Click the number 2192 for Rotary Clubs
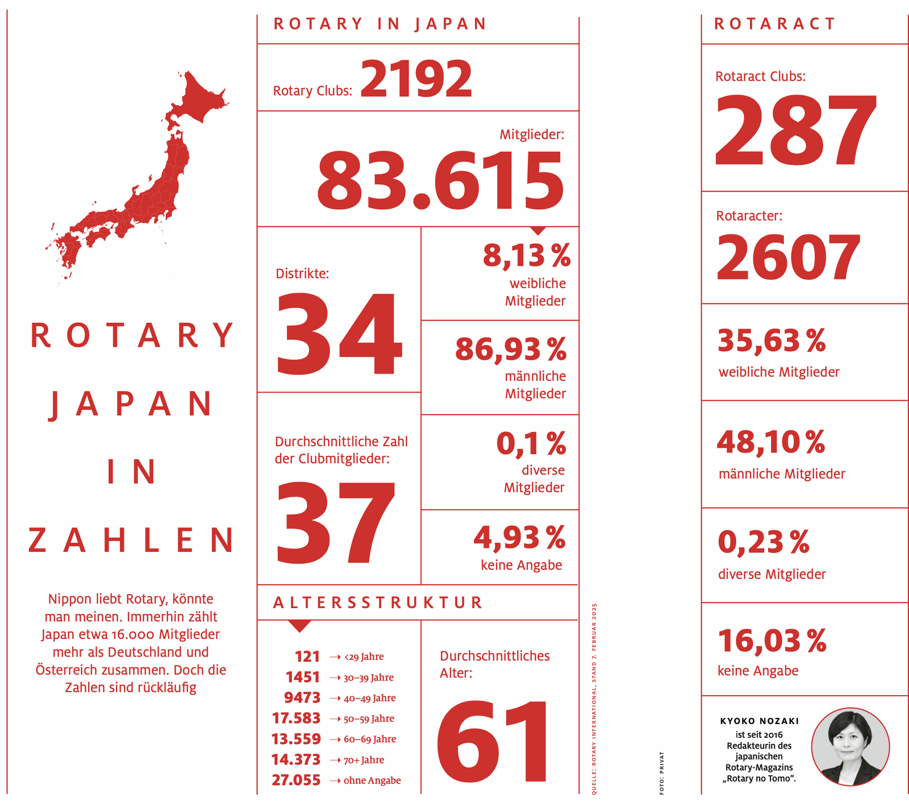click(416, 79)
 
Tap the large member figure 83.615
click(440, 181)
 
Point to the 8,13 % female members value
click(527, 255)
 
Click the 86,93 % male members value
click(511, 349)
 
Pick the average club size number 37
click(335, 522)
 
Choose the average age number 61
click(493, 741)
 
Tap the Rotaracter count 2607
click(788, 258)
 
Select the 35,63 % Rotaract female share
click(772, 340)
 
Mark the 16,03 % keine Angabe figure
click(772, 641)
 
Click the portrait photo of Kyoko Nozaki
click(850, 746)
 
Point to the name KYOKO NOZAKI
click(759, 721)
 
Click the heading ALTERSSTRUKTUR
click(378, 602)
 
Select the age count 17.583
click(296, 718)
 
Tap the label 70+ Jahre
click(364, 760)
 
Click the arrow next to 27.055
click(335, 780)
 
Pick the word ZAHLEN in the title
click(131, 540)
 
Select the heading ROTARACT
click(774, 24)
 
